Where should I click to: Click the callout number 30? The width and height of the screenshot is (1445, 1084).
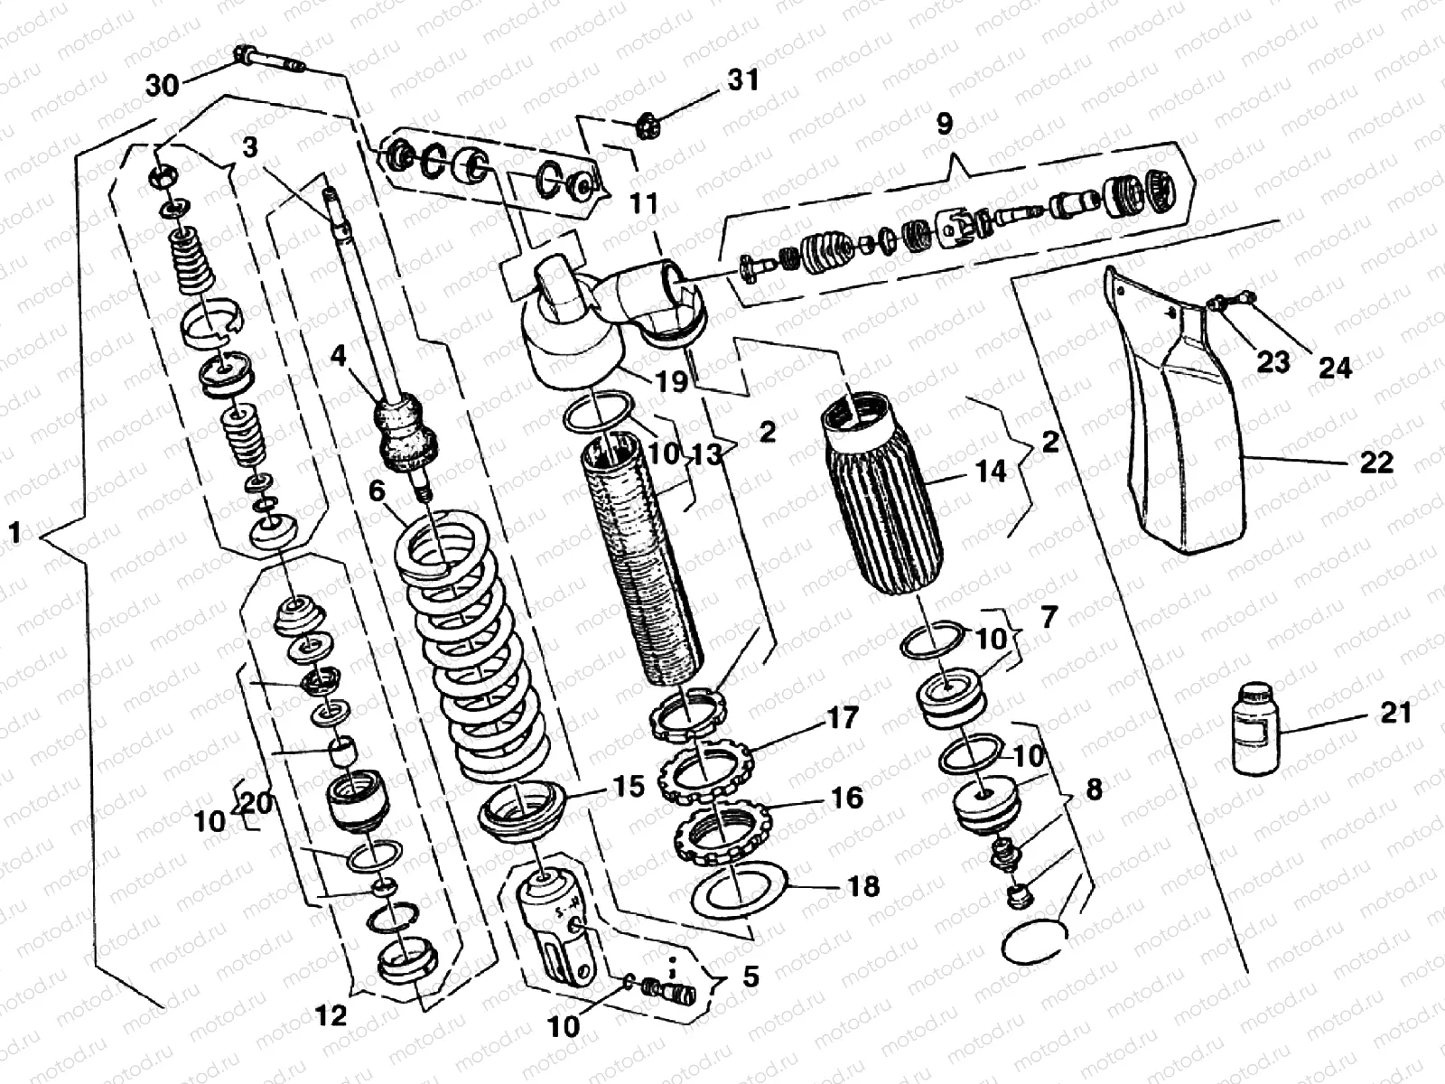point(163,86)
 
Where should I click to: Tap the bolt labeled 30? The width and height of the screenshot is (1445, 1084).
point(269,61)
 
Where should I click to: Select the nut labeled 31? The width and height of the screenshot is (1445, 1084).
point(647,119)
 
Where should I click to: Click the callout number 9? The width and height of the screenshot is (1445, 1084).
point(945,124)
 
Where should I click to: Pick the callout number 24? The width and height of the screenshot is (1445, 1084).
point(1335,367)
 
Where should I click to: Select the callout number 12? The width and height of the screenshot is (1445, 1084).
point(331,1015)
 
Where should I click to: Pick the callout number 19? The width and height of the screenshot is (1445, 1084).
point(671,380)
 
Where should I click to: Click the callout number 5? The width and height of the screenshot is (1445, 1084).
point(750,977)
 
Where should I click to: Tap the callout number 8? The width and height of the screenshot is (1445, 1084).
point(1093,790)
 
